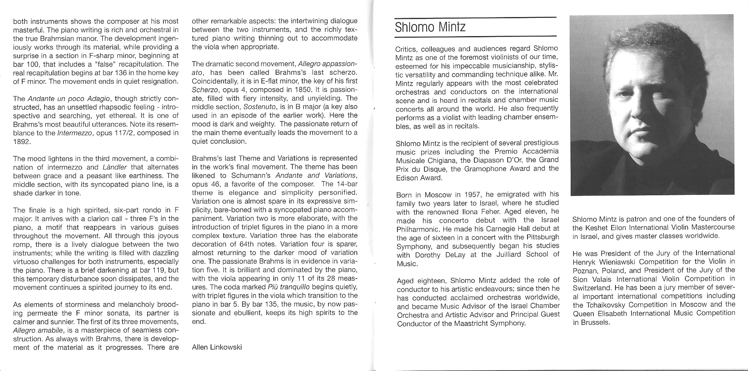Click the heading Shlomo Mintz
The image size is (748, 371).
(430, 28)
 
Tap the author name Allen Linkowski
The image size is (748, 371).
(217, 347)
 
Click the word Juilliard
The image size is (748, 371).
(509, 255)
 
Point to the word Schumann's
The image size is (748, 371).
(253, 175)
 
